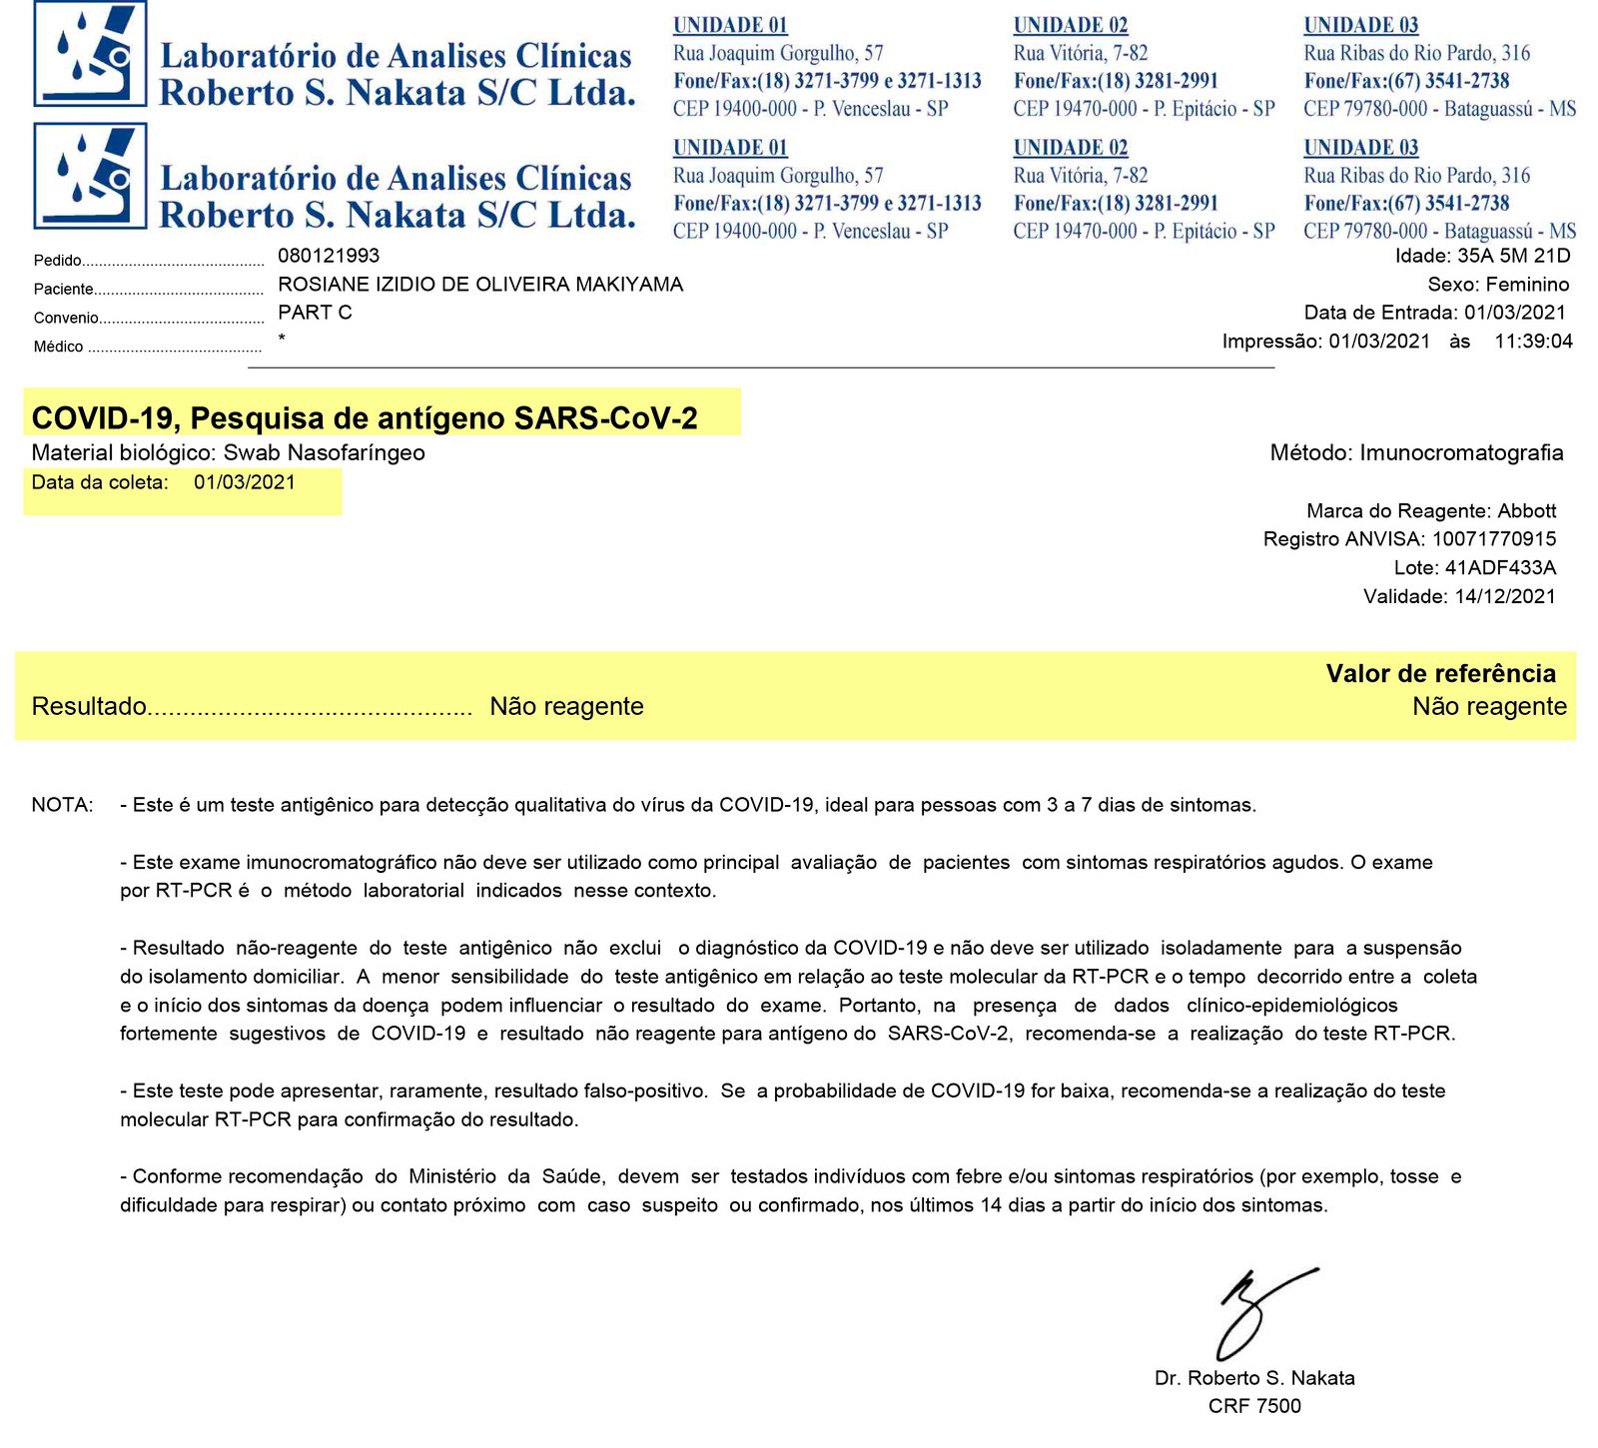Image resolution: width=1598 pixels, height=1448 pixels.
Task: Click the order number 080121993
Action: [x=329, y=256]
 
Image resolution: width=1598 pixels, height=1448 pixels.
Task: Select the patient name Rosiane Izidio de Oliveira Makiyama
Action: [x=480, y=285]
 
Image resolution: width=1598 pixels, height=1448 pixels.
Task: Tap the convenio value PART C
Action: [x=315, y=313]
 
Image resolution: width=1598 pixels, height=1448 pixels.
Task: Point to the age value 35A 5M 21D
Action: [x=1513, y=256]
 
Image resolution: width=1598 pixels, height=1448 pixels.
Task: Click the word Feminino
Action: [x=1527, y=285]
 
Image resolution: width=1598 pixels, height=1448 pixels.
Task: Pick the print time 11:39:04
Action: [x=1533, y=342]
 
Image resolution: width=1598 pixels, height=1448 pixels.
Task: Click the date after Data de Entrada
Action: [x=1515, y=313]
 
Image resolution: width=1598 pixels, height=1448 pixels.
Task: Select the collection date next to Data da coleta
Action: [x=245, y=482]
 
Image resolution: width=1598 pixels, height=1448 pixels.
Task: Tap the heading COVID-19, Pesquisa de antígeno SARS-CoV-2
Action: [x=365, y=418]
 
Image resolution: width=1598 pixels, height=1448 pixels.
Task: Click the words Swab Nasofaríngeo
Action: [x=324, y=452]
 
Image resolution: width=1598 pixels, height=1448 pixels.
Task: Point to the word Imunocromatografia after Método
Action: [x=1461, y=452]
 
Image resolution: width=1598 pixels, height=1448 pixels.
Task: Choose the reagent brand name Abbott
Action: [x=1526, y=511]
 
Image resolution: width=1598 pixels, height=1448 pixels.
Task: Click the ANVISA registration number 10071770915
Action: [x=1493, y=539]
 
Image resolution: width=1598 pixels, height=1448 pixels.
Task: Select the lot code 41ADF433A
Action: [x=1500, y=568]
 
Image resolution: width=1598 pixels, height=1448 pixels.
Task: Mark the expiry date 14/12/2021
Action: [x=1505, y=597]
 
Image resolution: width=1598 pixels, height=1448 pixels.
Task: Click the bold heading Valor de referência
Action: [x=1440, y=674]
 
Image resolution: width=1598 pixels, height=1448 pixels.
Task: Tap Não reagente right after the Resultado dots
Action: [x=566, y=707]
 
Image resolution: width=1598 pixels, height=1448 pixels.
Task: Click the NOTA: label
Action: [x=63, y=805]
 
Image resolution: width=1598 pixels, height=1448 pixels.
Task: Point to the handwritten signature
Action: [x=1260, y=1312]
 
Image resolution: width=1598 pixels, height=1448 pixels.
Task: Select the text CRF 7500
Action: [x=1254, y=1406]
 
